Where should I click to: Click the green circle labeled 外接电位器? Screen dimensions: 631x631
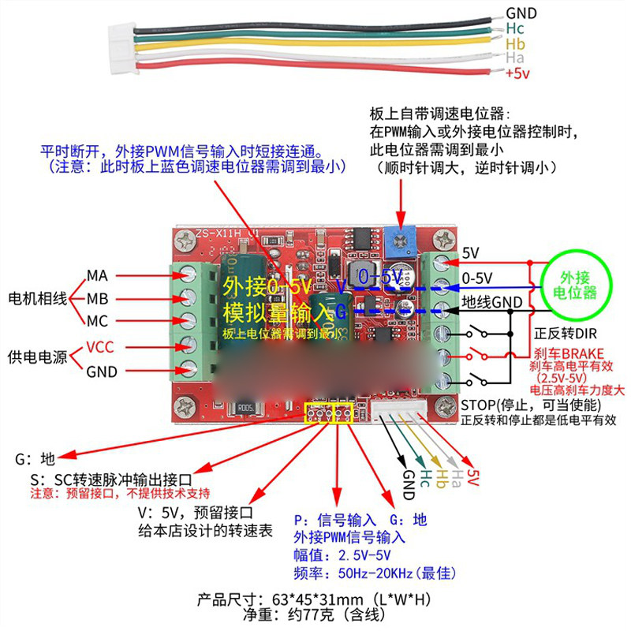click(578, 286)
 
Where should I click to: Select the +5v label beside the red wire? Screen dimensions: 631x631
click(517, 73)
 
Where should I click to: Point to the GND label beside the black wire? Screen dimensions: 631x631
click(521, 13)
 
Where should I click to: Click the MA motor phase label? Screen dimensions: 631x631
click(97, 275)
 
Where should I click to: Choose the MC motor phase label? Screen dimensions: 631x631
click(97, 322)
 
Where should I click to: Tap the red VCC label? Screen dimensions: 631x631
click(100, 347)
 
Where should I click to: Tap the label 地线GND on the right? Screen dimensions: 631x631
click(491, 302)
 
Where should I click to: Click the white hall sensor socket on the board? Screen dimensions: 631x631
click(404, 407)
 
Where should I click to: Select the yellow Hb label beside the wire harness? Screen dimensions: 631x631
click(515, 43)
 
